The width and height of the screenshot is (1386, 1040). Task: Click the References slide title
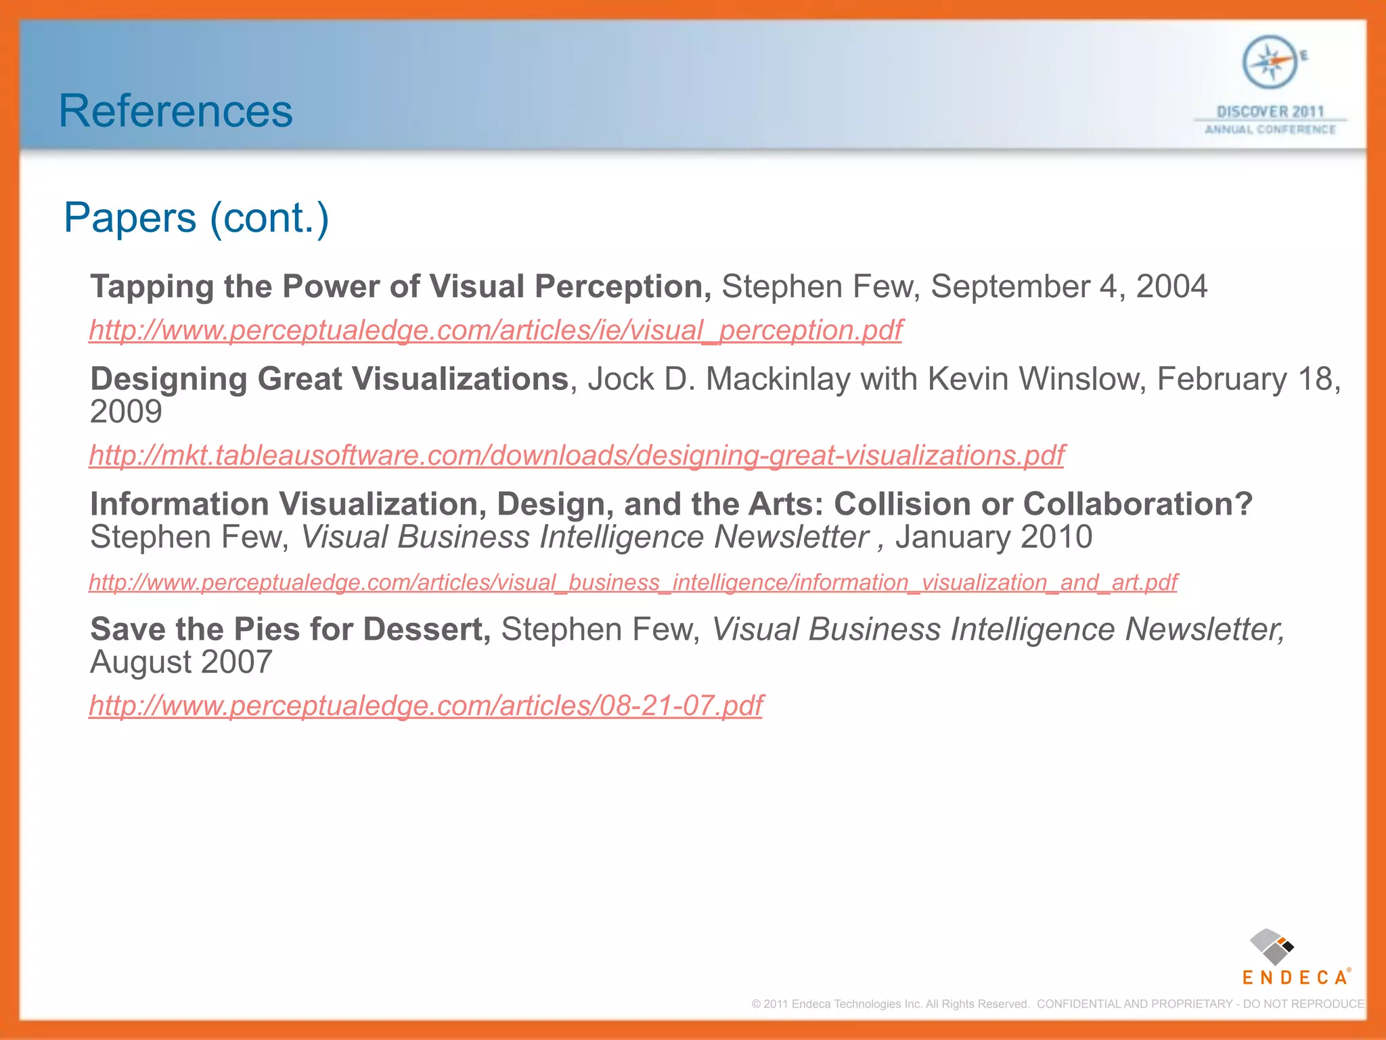tap(175, 111)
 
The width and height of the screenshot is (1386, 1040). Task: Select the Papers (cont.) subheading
tap(196, 218)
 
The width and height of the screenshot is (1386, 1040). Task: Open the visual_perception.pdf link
tap(495, 330)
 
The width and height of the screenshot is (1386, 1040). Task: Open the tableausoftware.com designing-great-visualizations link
tap(577, 456)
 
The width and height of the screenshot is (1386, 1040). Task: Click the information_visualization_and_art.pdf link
tap(633, 582)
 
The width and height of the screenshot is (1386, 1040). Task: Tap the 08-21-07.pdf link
tap(426, 706)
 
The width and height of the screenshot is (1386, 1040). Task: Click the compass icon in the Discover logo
tap(1270, 62)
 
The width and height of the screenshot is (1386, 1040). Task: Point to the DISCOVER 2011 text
tap(1270, 111)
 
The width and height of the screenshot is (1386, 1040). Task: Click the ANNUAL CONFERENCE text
tap(1270, 129)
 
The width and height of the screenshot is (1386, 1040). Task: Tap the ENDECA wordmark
tap(1295, 978)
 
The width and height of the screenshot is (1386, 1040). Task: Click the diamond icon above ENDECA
tap(1271, 947)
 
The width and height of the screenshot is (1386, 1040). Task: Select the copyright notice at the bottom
tap(1057, 1004)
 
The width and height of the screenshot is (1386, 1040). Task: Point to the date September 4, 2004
tap(1069, 286)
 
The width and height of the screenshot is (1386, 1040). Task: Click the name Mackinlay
tap(778, 379)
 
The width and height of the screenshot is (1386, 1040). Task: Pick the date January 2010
tap(993, 538)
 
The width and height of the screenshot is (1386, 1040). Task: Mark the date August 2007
tap(181, 662)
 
